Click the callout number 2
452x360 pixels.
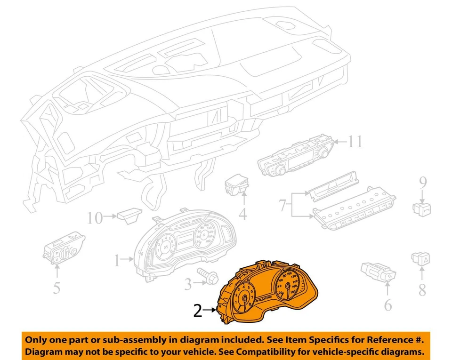pyautogui.click(x=198, y=311)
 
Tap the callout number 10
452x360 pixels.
pyautogui.click(x=95, y=218)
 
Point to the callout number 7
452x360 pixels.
pyautogui.click(x=282, y=205)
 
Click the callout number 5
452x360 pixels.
pyautogui.click(x=56, y=287)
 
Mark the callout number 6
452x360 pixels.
pyautogui.click(x=387, y=305)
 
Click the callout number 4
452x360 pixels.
pyautogui.click(x=242, y=215)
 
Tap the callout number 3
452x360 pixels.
pyautogui.click(x=188, y=284)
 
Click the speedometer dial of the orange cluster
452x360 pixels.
pyautogui.click(x=287, y=284)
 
